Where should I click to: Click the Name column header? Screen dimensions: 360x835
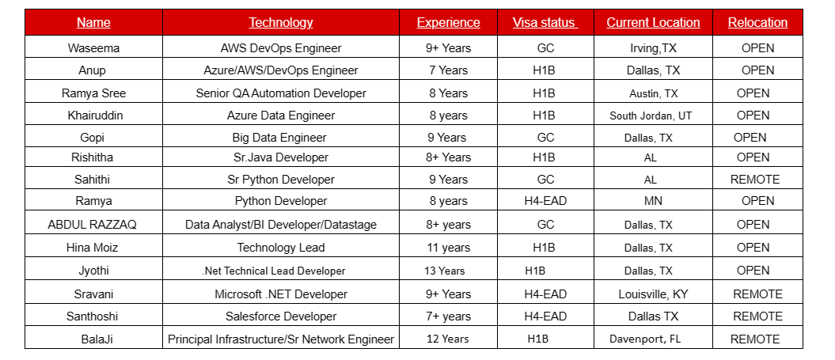[93, 23]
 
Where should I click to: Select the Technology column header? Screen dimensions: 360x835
[280, 23]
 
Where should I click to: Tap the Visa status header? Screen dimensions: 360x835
[545, 23]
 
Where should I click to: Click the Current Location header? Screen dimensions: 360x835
[653, 23]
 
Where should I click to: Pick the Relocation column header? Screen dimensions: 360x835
[757, 23]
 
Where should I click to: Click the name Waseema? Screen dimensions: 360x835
[93, 48]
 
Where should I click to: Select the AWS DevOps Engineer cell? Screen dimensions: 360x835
[280, 48]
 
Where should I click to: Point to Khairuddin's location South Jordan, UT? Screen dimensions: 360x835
[651, 116]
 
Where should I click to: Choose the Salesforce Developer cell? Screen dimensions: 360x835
[280, 316]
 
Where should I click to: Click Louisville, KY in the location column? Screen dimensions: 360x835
[653, 294]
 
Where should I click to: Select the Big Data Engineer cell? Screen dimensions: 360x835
[280, 138]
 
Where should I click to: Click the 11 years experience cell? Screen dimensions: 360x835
[448, 248]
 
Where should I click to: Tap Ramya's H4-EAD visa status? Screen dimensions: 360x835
[545, 201]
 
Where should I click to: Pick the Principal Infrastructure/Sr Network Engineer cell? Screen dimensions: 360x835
[280, 339]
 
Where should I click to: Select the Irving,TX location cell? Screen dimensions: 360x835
[653, 48]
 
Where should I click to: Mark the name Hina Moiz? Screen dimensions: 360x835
[93, 248]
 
